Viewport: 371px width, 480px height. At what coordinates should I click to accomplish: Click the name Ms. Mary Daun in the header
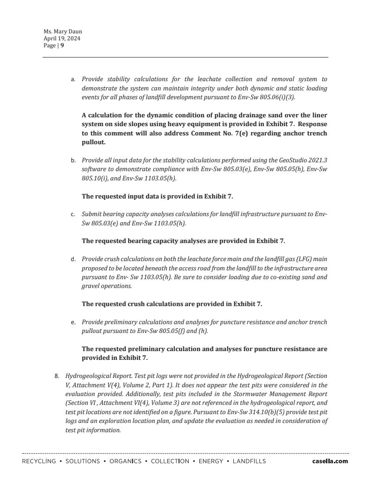[x=63, y=32]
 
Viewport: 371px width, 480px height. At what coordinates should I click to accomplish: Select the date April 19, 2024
[x=62, y=38]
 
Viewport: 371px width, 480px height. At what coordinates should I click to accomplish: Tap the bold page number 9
[x=62, y=45]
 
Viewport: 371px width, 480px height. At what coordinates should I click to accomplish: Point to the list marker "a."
[x=73, y=80]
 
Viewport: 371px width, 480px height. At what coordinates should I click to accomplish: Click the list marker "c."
[x=73, y=215]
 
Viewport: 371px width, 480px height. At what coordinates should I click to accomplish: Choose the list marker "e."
[x=73, y=322]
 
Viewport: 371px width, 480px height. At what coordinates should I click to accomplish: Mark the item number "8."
[x=58, y=376]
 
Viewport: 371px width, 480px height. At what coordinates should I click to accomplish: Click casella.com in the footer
[x=330, y=461]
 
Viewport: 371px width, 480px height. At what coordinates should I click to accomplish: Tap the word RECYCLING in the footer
[x=39, y=461]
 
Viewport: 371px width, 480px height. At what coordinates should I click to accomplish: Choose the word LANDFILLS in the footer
[x=249, y=461]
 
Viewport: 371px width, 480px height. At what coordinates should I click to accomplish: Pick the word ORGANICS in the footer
[x=125, y=461]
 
